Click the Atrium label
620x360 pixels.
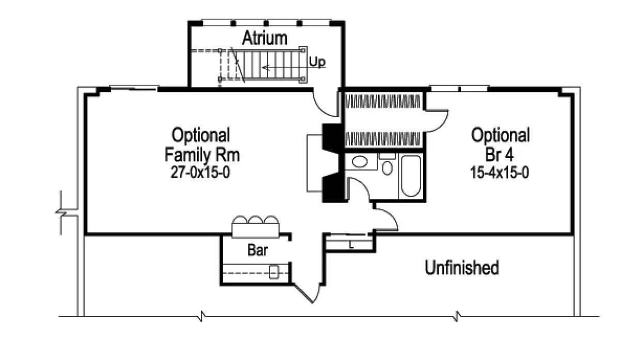coord(265,38)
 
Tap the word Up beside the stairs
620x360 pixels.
coord(317,62)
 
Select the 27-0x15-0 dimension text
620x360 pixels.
coord(201,173)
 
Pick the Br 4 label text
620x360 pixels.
coord(500,154)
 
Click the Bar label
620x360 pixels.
coord(257,251)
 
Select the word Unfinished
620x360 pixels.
coord(462,268)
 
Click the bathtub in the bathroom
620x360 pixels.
coord(410,175)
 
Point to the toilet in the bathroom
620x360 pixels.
coord(387,165)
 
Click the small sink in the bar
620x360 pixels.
coord(274,272)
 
